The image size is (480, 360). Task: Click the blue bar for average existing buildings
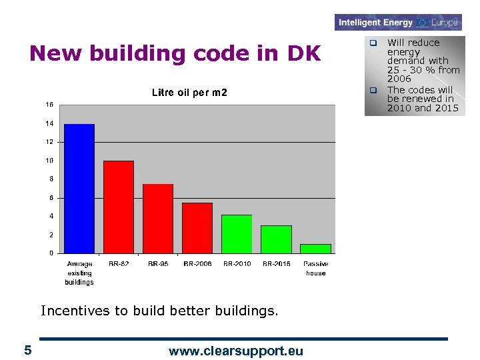(x=79, y=189)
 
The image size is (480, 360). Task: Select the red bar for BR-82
(x=119, y=207)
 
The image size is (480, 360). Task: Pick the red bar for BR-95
(x=158, y=219)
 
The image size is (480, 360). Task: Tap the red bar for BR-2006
(x=197, y=228)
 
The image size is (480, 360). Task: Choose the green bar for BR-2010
(x=237, y=234)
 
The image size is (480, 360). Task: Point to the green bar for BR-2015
(x=276, y=239)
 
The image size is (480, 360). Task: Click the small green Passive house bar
(x=315, y=249)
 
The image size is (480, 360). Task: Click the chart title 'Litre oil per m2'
(x=189, y=93)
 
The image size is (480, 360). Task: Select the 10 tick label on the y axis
(x=50, y=161)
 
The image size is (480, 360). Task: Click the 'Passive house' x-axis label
(x=316, y=269)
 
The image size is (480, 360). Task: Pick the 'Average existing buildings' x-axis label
(x=79, y=273)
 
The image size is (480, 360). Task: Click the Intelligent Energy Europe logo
(x=398, y=23)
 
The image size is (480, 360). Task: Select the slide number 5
(x=27, y=350)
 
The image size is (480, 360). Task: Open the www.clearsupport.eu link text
(x=236, y=351)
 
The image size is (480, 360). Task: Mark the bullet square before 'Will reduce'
(x=374, y=43)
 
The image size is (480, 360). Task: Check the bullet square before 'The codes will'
(x=374, y=90)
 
